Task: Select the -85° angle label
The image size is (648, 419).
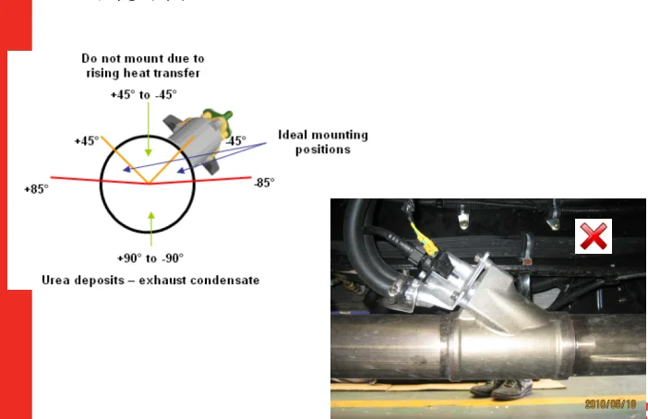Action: click(264, 183)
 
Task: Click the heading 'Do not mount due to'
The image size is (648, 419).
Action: click(142, 57)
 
